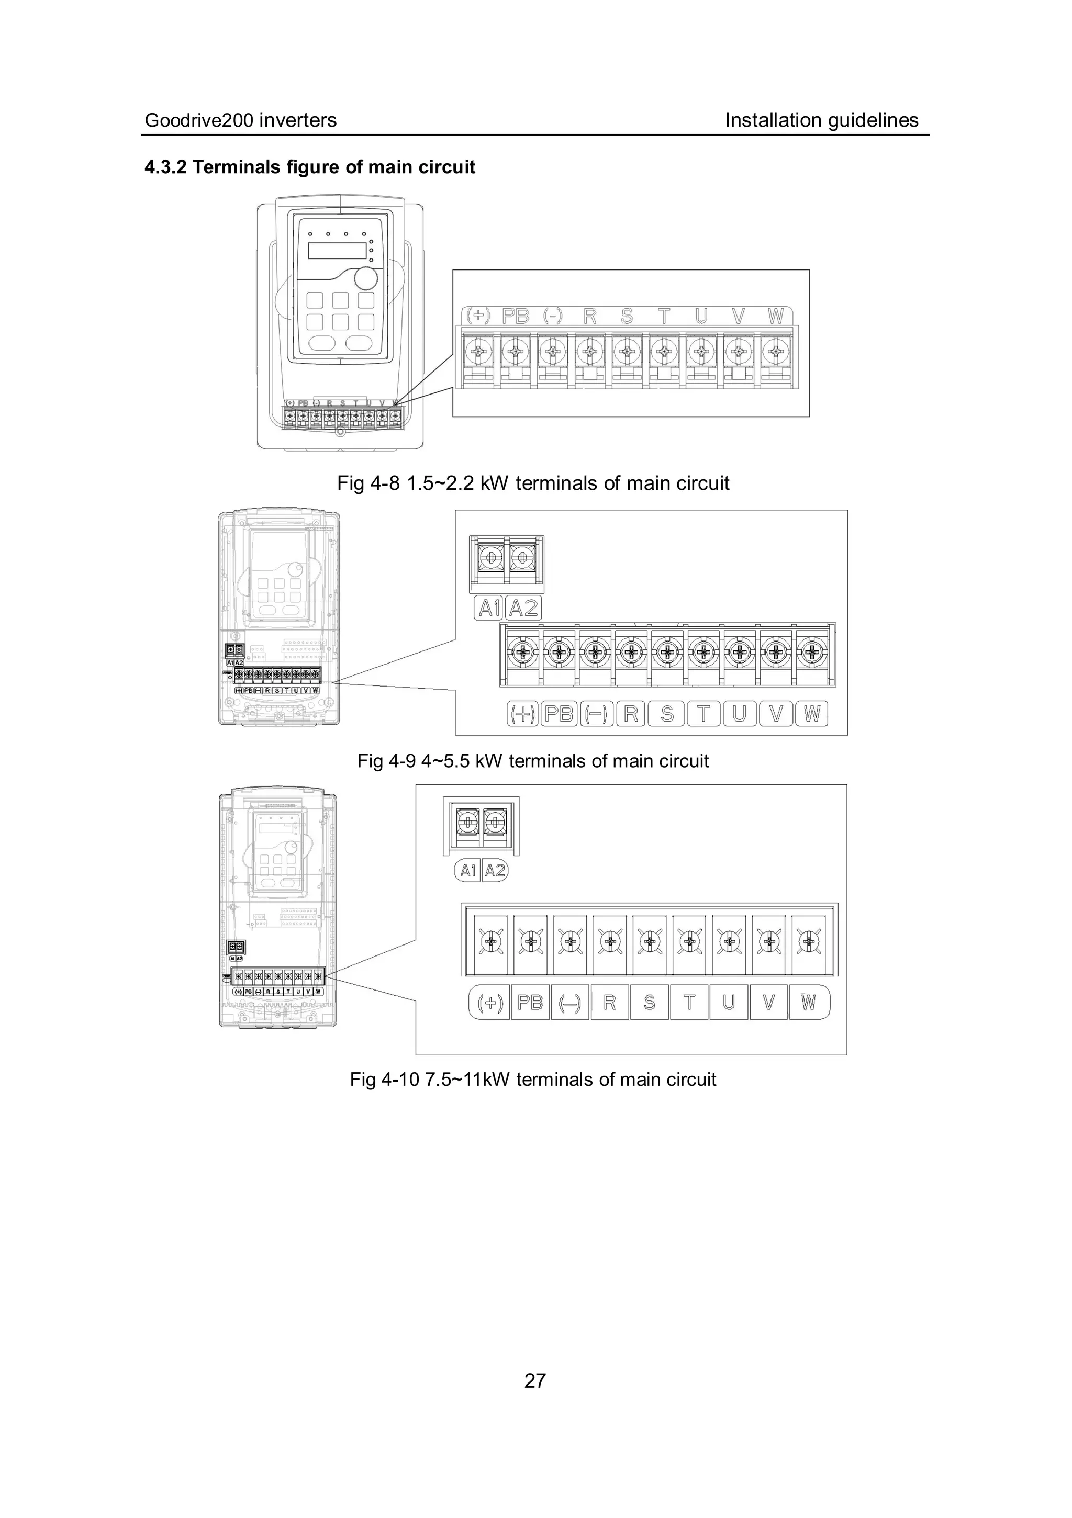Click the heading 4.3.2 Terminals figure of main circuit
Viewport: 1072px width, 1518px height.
309,167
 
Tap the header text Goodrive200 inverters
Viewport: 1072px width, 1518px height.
241,120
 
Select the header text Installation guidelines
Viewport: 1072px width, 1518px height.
821,120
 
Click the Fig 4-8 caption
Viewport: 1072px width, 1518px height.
533,483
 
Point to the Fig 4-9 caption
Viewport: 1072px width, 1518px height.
533,761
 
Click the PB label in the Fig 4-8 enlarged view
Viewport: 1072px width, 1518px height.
516,317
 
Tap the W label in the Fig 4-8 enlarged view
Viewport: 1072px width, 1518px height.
776,317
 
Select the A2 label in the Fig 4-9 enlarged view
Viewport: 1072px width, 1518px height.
523,608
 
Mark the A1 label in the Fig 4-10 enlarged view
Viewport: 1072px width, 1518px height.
467,871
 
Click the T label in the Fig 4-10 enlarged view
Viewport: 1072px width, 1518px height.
689,1003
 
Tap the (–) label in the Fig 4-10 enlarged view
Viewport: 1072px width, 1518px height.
569,1003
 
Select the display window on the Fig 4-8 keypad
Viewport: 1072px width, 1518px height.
338,251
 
